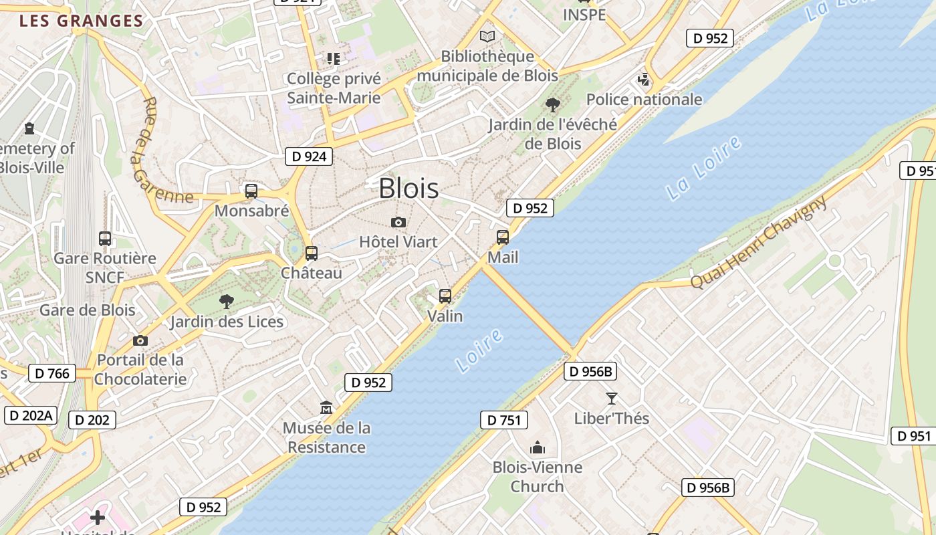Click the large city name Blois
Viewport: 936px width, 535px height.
(408, 189)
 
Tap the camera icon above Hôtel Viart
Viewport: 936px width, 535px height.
(398, 222)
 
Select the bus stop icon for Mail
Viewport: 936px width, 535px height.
(503, 237)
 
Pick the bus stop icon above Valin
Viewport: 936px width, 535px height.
(445, 296)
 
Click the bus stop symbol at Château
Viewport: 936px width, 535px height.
(312, 253)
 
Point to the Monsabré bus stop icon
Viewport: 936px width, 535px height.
(251, 191)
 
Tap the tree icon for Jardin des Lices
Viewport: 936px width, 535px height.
(227, 302)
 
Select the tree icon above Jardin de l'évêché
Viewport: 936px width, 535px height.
(552, 104)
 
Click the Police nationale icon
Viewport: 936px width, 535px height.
(644, 80)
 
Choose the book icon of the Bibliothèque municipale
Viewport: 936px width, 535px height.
(488, 36)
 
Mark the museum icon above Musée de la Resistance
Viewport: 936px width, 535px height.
(326, 407)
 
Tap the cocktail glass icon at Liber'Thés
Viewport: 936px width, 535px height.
(612, 399)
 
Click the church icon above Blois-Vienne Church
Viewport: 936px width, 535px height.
(538, 447)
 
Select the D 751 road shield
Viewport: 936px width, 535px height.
(504, 420)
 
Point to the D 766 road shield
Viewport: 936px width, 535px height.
(52, 373)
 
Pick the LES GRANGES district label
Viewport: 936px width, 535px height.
(82, 21)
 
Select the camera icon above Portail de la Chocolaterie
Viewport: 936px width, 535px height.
(140, 340)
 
